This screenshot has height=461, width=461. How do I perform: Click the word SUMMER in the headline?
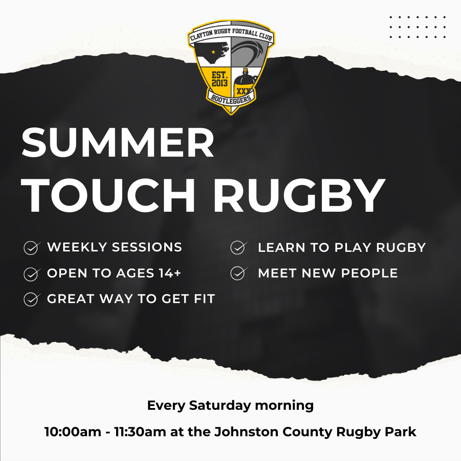click(118, 143)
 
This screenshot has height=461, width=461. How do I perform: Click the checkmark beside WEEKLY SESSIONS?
click(32, 248)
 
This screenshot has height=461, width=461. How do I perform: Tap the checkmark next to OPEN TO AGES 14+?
click(32, 274)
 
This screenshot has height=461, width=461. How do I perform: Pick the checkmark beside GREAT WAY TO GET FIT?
click(32, 299)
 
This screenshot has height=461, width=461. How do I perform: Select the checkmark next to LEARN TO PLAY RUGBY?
click(239, 247)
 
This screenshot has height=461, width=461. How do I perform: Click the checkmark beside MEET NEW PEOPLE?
click(239, 273)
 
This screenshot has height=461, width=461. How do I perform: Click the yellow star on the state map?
click(213, 52)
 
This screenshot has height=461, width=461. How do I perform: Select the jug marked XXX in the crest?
click(243, 82)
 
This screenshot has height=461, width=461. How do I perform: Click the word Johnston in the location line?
click(246, 432)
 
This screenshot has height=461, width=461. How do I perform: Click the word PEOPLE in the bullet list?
click(369, 273)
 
